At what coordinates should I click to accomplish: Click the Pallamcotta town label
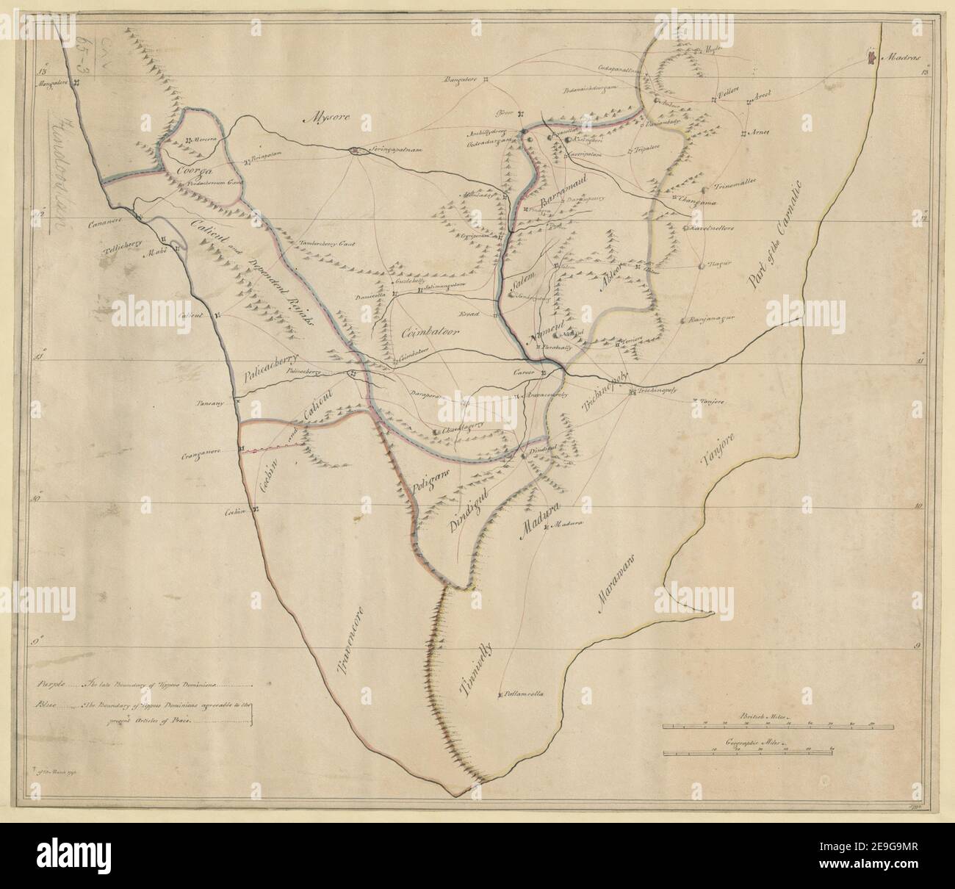(x=523, y=693)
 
